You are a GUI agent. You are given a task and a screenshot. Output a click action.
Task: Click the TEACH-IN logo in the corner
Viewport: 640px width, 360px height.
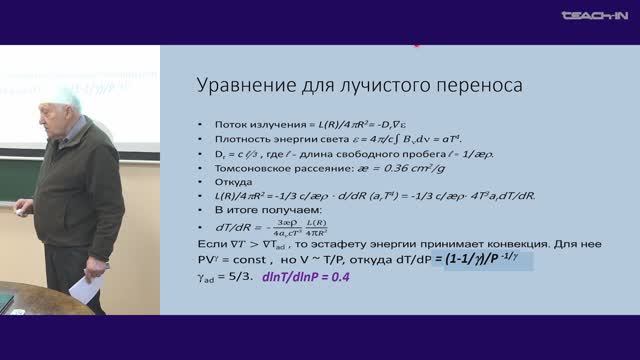[594, 16]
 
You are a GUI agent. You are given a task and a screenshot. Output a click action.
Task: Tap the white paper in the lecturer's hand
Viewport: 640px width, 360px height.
[88, 290]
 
